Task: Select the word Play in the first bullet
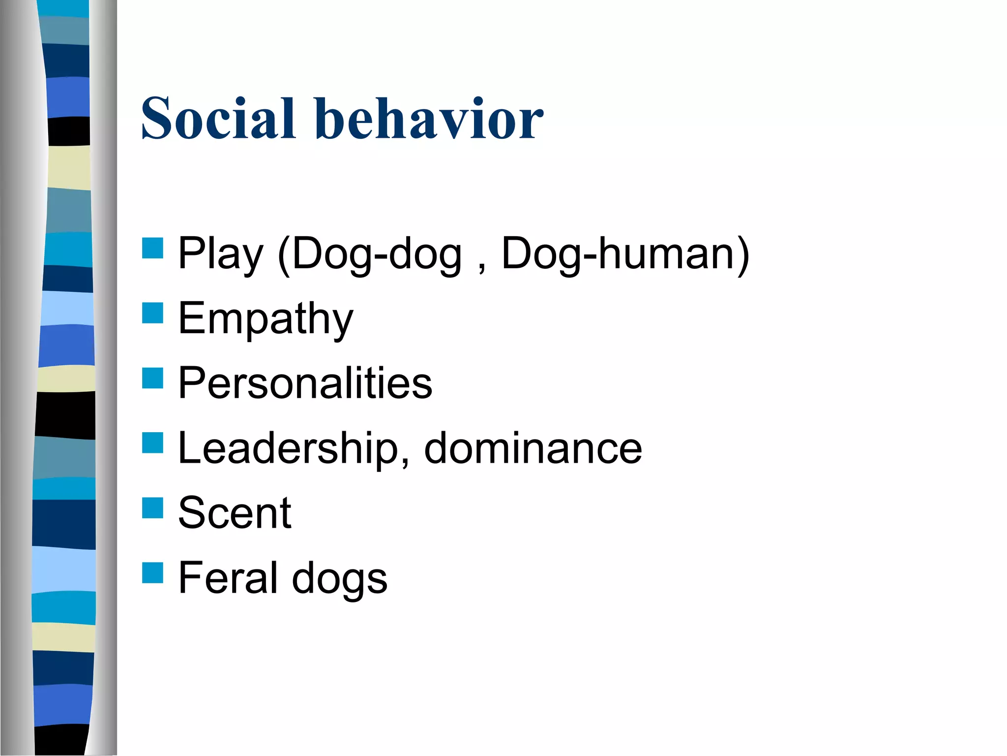[x=220, y=254]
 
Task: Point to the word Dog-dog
[x=377, y=254]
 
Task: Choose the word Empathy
[x=266, y=319]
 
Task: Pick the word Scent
[x=235, y=513]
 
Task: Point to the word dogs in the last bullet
[x=339, y=579]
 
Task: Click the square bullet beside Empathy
[x=152, y=313]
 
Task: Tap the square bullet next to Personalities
[x=152, y=378]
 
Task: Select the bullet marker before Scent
[x=152, y=508]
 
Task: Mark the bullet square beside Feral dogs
[x=152, y=573]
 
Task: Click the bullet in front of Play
[x=152, y=248]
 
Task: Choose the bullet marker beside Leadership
[x=152, y=442]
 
